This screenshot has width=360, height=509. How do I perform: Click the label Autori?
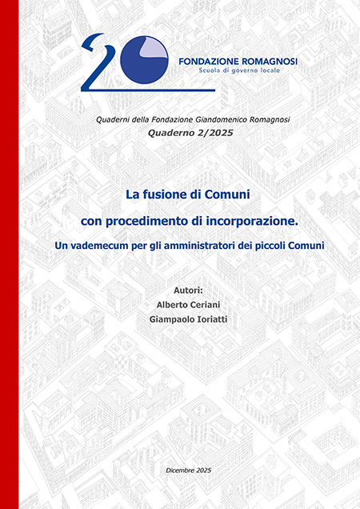[188, 289]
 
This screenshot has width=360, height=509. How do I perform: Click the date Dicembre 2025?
[188, 467]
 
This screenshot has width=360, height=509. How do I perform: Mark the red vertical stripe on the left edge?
[9, 254]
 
